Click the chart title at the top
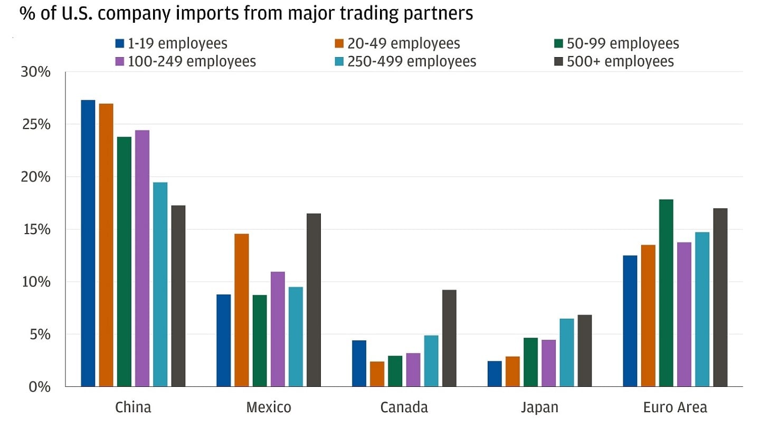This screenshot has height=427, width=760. click(246, 14)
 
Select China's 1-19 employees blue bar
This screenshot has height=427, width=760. click(88, 243)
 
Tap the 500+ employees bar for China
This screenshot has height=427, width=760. click(178, 296)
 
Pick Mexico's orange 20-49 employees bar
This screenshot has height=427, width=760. click(241, 310)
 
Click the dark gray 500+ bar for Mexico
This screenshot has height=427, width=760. click(313, 300)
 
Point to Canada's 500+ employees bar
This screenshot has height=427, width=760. click(449, 338)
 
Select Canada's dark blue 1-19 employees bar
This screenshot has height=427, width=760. click(359, 364)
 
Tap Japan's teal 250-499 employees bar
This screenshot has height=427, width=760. click(566, 352)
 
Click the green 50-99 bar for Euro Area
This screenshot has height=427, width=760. click(666, 293)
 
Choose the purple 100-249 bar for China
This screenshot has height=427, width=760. click(142, 258)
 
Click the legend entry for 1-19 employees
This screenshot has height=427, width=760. click(172, 43)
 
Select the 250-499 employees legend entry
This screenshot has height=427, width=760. click(406, 61)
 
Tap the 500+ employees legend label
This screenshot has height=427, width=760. click(620, 61)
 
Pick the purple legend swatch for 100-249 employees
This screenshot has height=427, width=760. click(120, 61)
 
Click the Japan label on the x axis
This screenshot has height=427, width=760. click(539, 408)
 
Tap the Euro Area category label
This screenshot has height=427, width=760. click(675, 408)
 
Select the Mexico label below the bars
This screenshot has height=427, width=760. click(268, 408)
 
